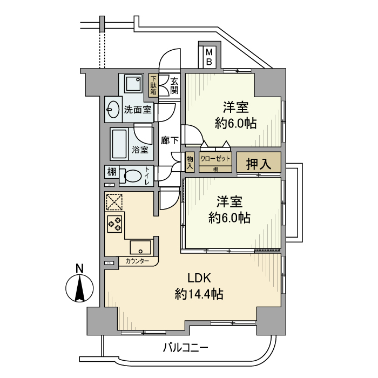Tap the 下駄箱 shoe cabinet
click(x=154, y=85)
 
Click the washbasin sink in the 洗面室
click(x=113, y=110)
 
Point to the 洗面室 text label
click(x=137, y=110)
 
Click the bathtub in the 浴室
click(x=119, y=143)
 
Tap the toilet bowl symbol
click(x=131, y=176)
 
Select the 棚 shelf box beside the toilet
click(x=111, y=173)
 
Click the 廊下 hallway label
click(x=170, y=140)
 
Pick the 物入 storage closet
click(x=190, y=162)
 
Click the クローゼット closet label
click(x=215, y=159)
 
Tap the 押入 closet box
click(x=259, y=163)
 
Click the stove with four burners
click(x=115, y=223)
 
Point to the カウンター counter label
click(x=137, y=261)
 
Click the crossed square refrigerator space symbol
click(x=114, y=201)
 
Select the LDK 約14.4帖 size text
click(x=199, y=287)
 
